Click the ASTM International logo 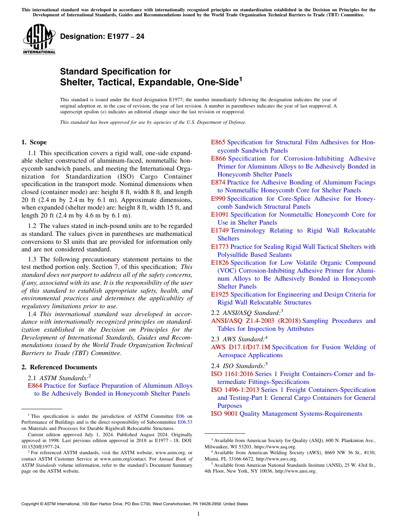(x=39, y=39)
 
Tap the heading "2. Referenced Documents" (x=59, y=367)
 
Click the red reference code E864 (x=35, y=386)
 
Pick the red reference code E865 (x=218, y=142)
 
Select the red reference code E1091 (x=220, y=215)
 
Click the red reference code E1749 (x=220, y=230)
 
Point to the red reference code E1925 (x=220, y=294)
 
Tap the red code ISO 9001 (x=224, y=414)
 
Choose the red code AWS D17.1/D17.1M (x=241, y=347)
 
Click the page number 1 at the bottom (x=198, y=514)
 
